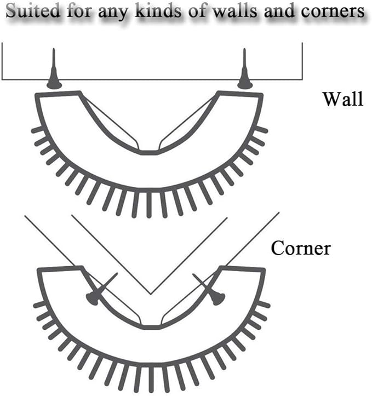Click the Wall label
coord(342,100)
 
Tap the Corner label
coord(301,249)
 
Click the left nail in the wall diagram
coord(54,71)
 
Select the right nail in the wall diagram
coord(245,71)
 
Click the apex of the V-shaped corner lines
coord(151,294)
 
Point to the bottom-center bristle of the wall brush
coord(148,204)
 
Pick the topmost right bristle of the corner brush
coord(264,305)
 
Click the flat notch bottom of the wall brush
coord(148,151)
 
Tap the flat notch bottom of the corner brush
coord(151,327)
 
